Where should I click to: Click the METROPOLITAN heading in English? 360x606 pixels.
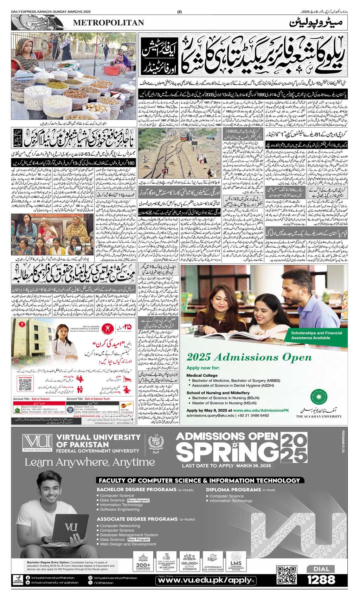(108, 23)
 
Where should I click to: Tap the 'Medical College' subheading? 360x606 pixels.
(201, 375)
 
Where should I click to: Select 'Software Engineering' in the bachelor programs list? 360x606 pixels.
(120, 509)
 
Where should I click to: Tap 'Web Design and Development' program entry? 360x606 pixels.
(128, 544)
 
